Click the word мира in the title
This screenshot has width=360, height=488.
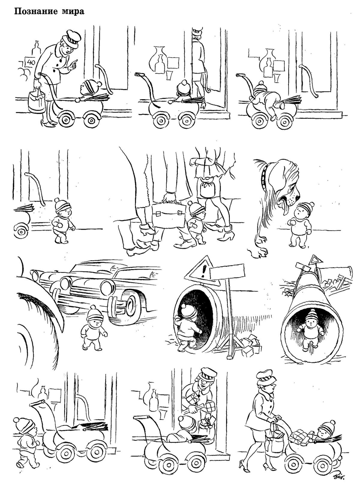(x=73, y=12)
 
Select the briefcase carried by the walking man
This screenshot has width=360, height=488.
(x=169, y=216)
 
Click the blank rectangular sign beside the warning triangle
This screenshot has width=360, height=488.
(x=227, y=273)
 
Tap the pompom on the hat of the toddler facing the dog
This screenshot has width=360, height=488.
(x=312, y=205)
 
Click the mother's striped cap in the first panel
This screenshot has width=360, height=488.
(x=71, y=39)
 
